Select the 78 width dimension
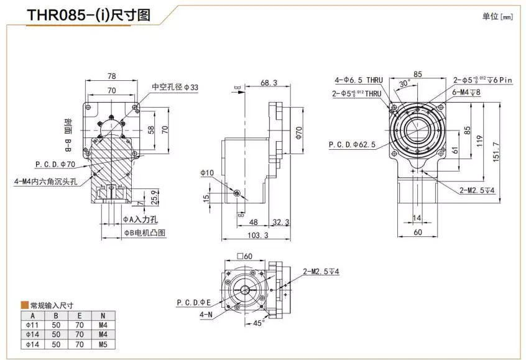(x=112, y=76)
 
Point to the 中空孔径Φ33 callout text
(x=175, y=88)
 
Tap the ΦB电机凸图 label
(x=144, y=233)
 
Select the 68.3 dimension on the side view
(x=269, y=82)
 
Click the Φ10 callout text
(x=207, y=172)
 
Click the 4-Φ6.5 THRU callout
(x=359, y=80)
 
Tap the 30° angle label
(x=405, y=83)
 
